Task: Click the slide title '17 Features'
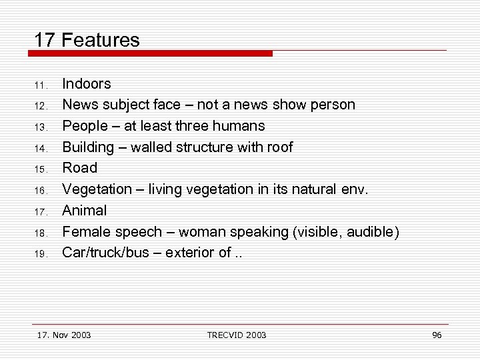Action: point(87,40)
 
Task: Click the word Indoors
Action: point(87,84)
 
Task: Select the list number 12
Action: point(39,106)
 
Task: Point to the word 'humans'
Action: point(242,126)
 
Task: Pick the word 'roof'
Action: point(279,147)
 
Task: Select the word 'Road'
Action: point(79,168)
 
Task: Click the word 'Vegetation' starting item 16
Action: point(96,189)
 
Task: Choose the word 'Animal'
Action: point(84,211)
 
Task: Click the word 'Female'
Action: point(86,232)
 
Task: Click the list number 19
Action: point(39,254)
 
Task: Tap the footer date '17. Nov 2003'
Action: point(64,335)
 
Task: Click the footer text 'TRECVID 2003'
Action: point(237,335)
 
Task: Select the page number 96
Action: point(437,335)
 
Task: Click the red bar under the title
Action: point(153,53)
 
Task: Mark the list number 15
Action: point(39,169)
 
